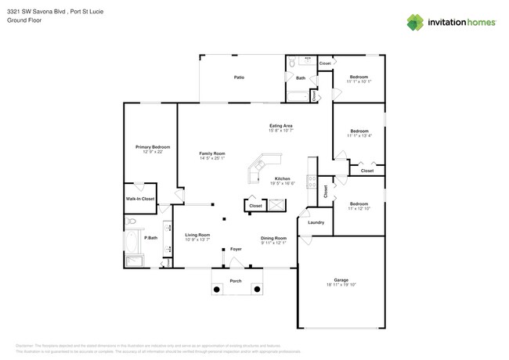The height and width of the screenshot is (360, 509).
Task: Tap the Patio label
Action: click(240, 77)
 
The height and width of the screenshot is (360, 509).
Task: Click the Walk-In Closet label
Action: click(140, 199)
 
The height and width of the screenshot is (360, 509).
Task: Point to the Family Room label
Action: click(211, 153)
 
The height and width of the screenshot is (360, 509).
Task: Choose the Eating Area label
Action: click(281, 125)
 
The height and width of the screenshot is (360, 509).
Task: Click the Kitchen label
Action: click(283, 178)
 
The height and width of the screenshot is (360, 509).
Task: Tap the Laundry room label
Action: click(316, 222)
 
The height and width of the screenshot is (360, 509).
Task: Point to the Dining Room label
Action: click(273, 237)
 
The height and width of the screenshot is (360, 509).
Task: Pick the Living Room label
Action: click(197, 235)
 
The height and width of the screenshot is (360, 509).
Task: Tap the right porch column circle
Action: click(255, 289)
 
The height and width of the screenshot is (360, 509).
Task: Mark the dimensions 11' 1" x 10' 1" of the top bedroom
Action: click(359, 81)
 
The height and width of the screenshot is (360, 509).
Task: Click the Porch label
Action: click(235, 280)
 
